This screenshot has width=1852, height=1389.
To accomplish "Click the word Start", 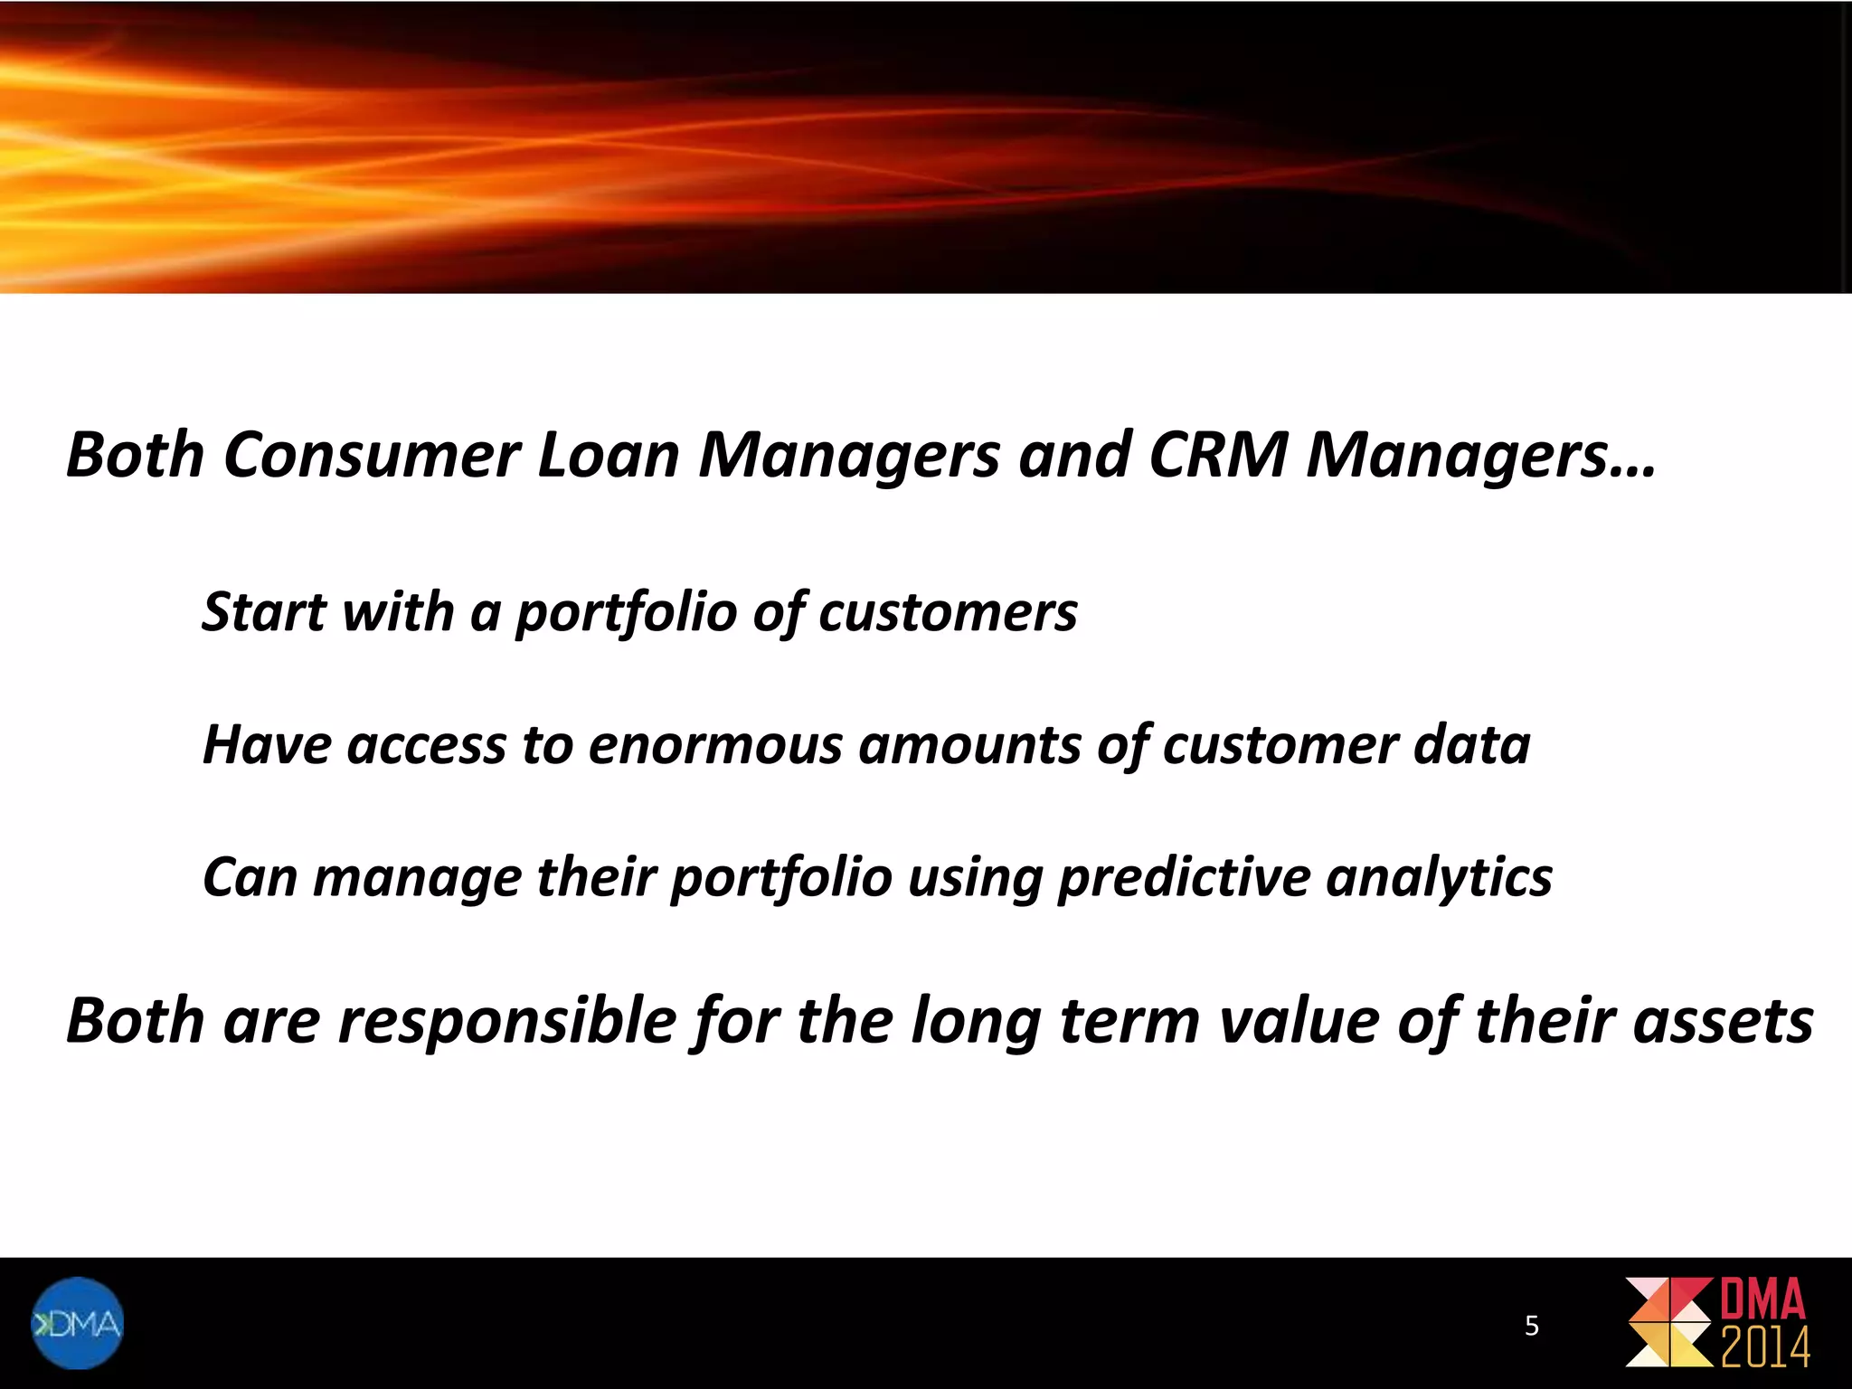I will [x=264, y=612].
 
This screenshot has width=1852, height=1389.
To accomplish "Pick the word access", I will [x=426, y=745].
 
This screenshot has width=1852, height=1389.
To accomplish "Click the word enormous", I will [x=715, y=745].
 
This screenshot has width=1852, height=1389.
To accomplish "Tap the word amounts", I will [x=969, y=745].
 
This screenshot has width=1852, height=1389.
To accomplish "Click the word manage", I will [x=417, y=878].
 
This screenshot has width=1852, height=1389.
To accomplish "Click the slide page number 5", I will [x=1531, y=1326].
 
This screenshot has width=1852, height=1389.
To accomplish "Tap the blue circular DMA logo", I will [x=78, y=1324].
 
